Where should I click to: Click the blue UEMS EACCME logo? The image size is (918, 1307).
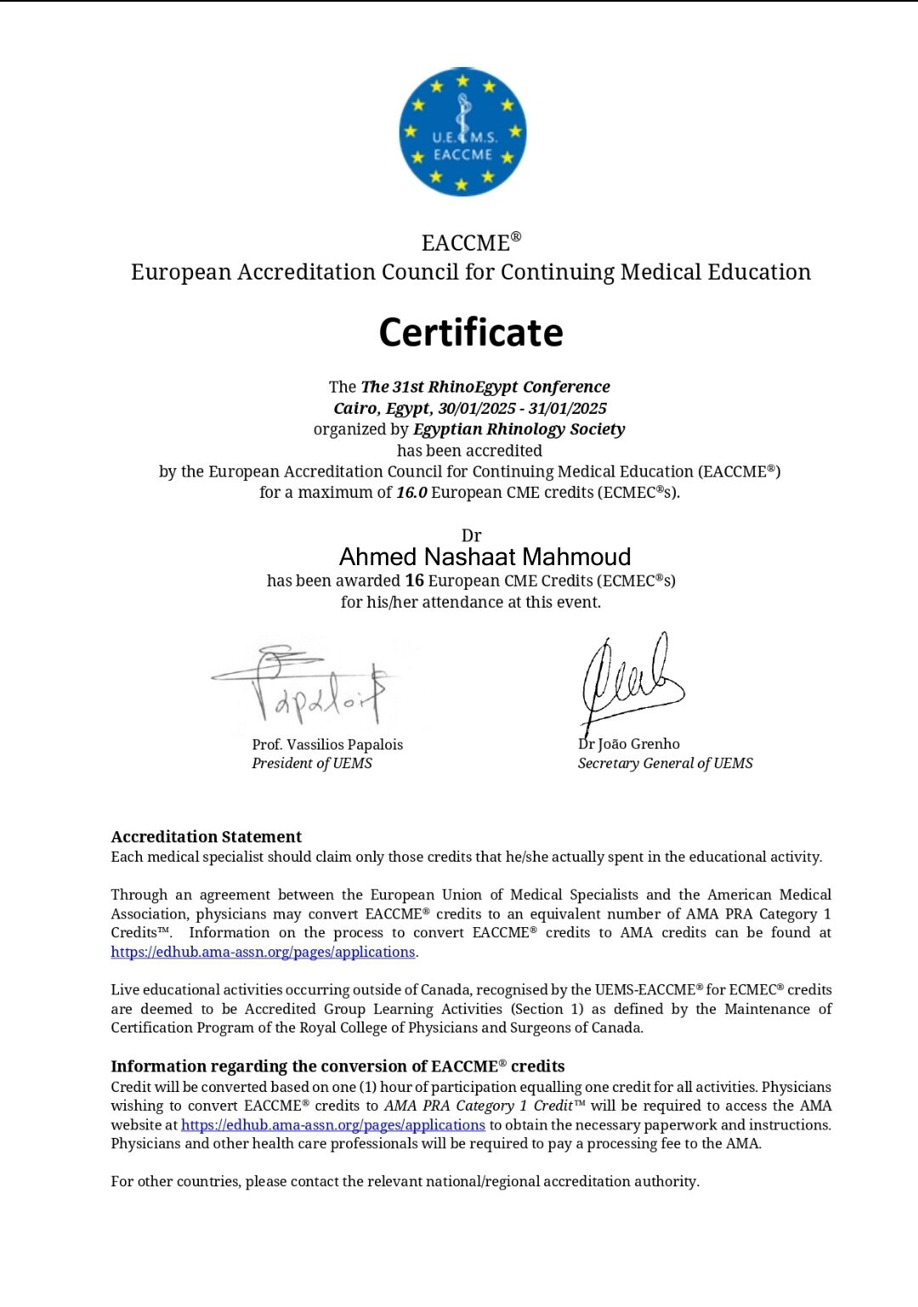pos(462,132)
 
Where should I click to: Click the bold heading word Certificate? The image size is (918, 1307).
pos(471,332)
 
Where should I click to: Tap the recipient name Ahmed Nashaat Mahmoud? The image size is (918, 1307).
pos(484,557)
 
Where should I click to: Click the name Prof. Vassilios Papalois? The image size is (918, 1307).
pos(327,744)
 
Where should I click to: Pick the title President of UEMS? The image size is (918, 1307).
pos(312,763)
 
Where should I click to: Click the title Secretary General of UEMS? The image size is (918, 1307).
pos(665,763)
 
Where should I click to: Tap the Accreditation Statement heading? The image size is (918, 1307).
pos(207,837)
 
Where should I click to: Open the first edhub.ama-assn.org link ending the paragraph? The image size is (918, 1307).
pos(263,952)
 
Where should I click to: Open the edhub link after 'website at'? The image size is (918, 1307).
pos(333,1125)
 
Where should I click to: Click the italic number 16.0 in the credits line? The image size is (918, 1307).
pos(411,493)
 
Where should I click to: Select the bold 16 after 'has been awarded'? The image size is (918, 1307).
pos(414,581)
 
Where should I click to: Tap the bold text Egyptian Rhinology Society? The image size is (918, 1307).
pos(518,429)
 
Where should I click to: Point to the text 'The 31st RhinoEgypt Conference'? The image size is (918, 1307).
pos(485,387)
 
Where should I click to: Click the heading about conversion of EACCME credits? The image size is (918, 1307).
pos(337,1067)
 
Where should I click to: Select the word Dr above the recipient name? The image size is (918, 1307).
pos(471,536)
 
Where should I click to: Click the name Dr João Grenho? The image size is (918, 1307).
pos(629,744)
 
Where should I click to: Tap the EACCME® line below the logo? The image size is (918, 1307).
pos(471,243)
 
